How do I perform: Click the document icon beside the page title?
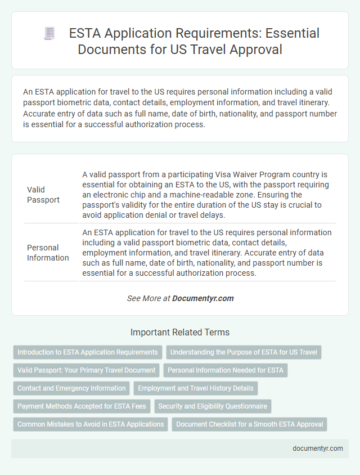[49, 34]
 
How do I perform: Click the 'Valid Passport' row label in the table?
[43, 195]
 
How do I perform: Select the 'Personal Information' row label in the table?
[48, 253]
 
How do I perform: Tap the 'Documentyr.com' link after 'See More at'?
[203, 298]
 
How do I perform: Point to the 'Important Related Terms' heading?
[180, 332]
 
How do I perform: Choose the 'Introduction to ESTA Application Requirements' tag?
[88, 352]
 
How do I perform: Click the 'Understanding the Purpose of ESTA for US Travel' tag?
[244, 352]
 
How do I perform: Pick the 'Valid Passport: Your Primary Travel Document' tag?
[86, 370]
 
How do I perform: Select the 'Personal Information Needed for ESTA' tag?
[225, 370]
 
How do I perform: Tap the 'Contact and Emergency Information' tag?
[71, 388]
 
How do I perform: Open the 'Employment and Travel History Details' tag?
[196, 388]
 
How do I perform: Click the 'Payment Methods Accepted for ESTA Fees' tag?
[82, 406]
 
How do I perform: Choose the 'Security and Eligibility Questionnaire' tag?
[213, 406]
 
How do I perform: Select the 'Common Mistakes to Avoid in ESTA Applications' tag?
[91, 424]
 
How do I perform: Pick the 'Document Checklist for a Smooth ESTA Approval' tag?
[250, 424]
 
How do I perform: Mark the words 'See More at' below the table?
[148, 298]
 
